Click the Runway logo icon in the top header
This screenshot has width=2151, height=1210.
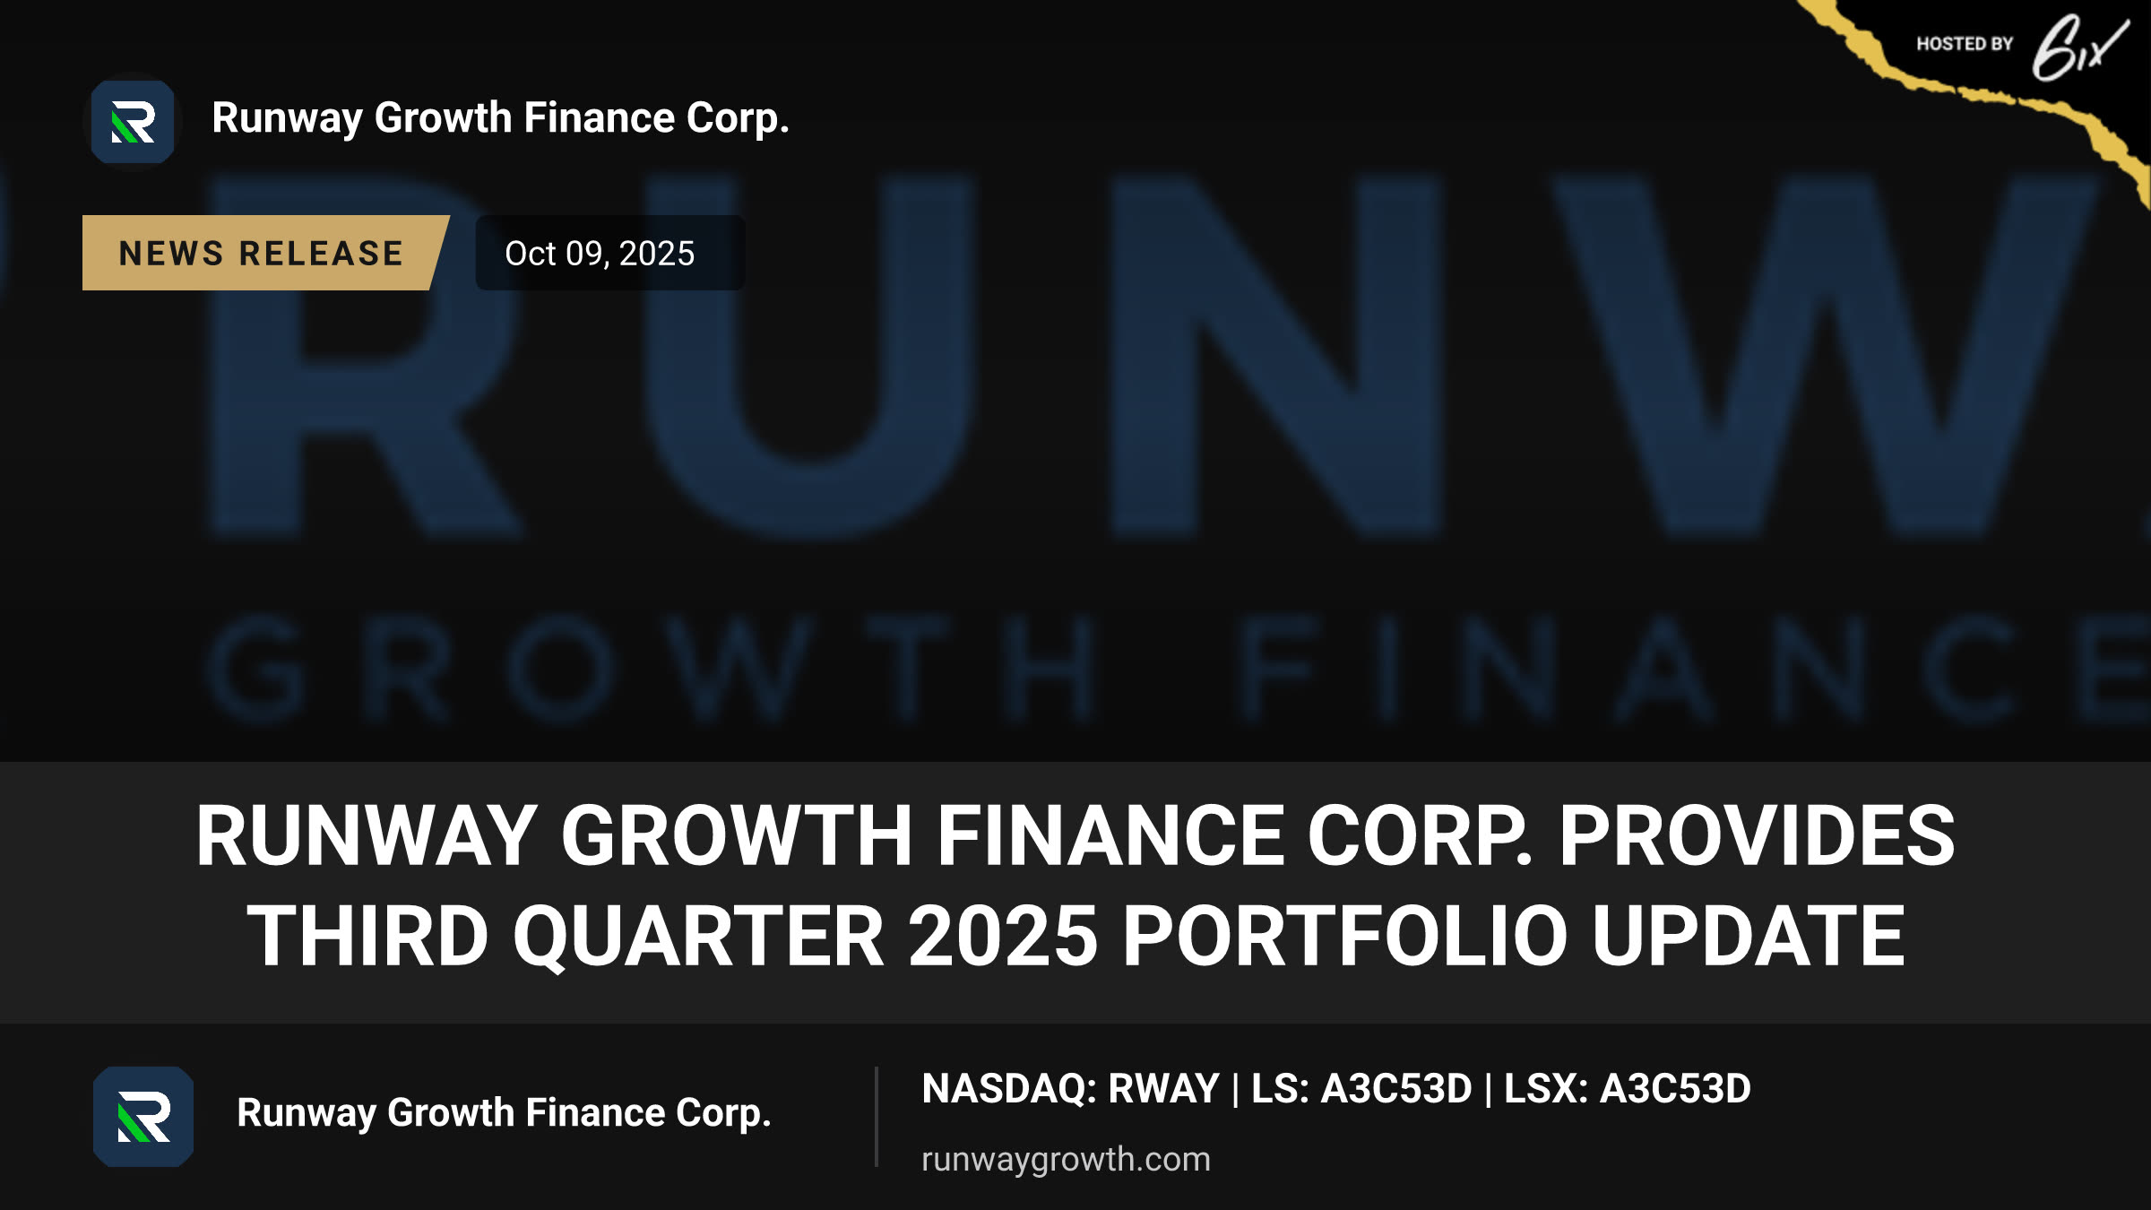coord(133,122)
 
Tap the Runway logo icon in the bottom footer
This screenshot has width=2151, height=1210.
coord(143,1116)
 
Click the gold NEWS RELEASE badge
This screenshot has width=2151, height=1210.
coord(265,253)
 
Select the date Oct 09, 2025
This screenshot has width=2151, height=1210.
coord(600,254)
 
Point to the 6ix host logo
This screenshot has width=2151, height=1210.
coord(2079,48)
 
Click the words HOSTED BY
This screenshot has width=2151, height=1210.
coord(1965,44)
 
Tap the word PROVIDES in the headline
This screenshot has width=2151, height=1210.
coord(1758,835)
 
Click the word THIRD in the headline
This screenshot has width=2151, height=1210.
coord(368,936)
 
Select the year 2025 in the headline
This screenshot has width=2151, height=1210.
coord(1003,936)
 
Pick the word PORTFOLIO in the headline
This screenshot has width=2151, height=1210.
coord(1345,936)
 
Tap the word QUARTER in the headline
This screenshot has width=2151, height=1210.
coord(698,938)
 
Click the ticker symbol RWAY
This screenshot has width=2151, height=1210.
coord(1163,1089)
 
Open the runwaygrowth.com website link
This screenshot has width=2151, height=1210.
coord(1066,1159)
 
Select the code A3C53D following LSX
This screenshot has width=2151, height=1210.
coord(1675,1089)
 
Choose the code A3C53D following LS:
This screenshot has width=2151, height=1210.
coord(1396,1089)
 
